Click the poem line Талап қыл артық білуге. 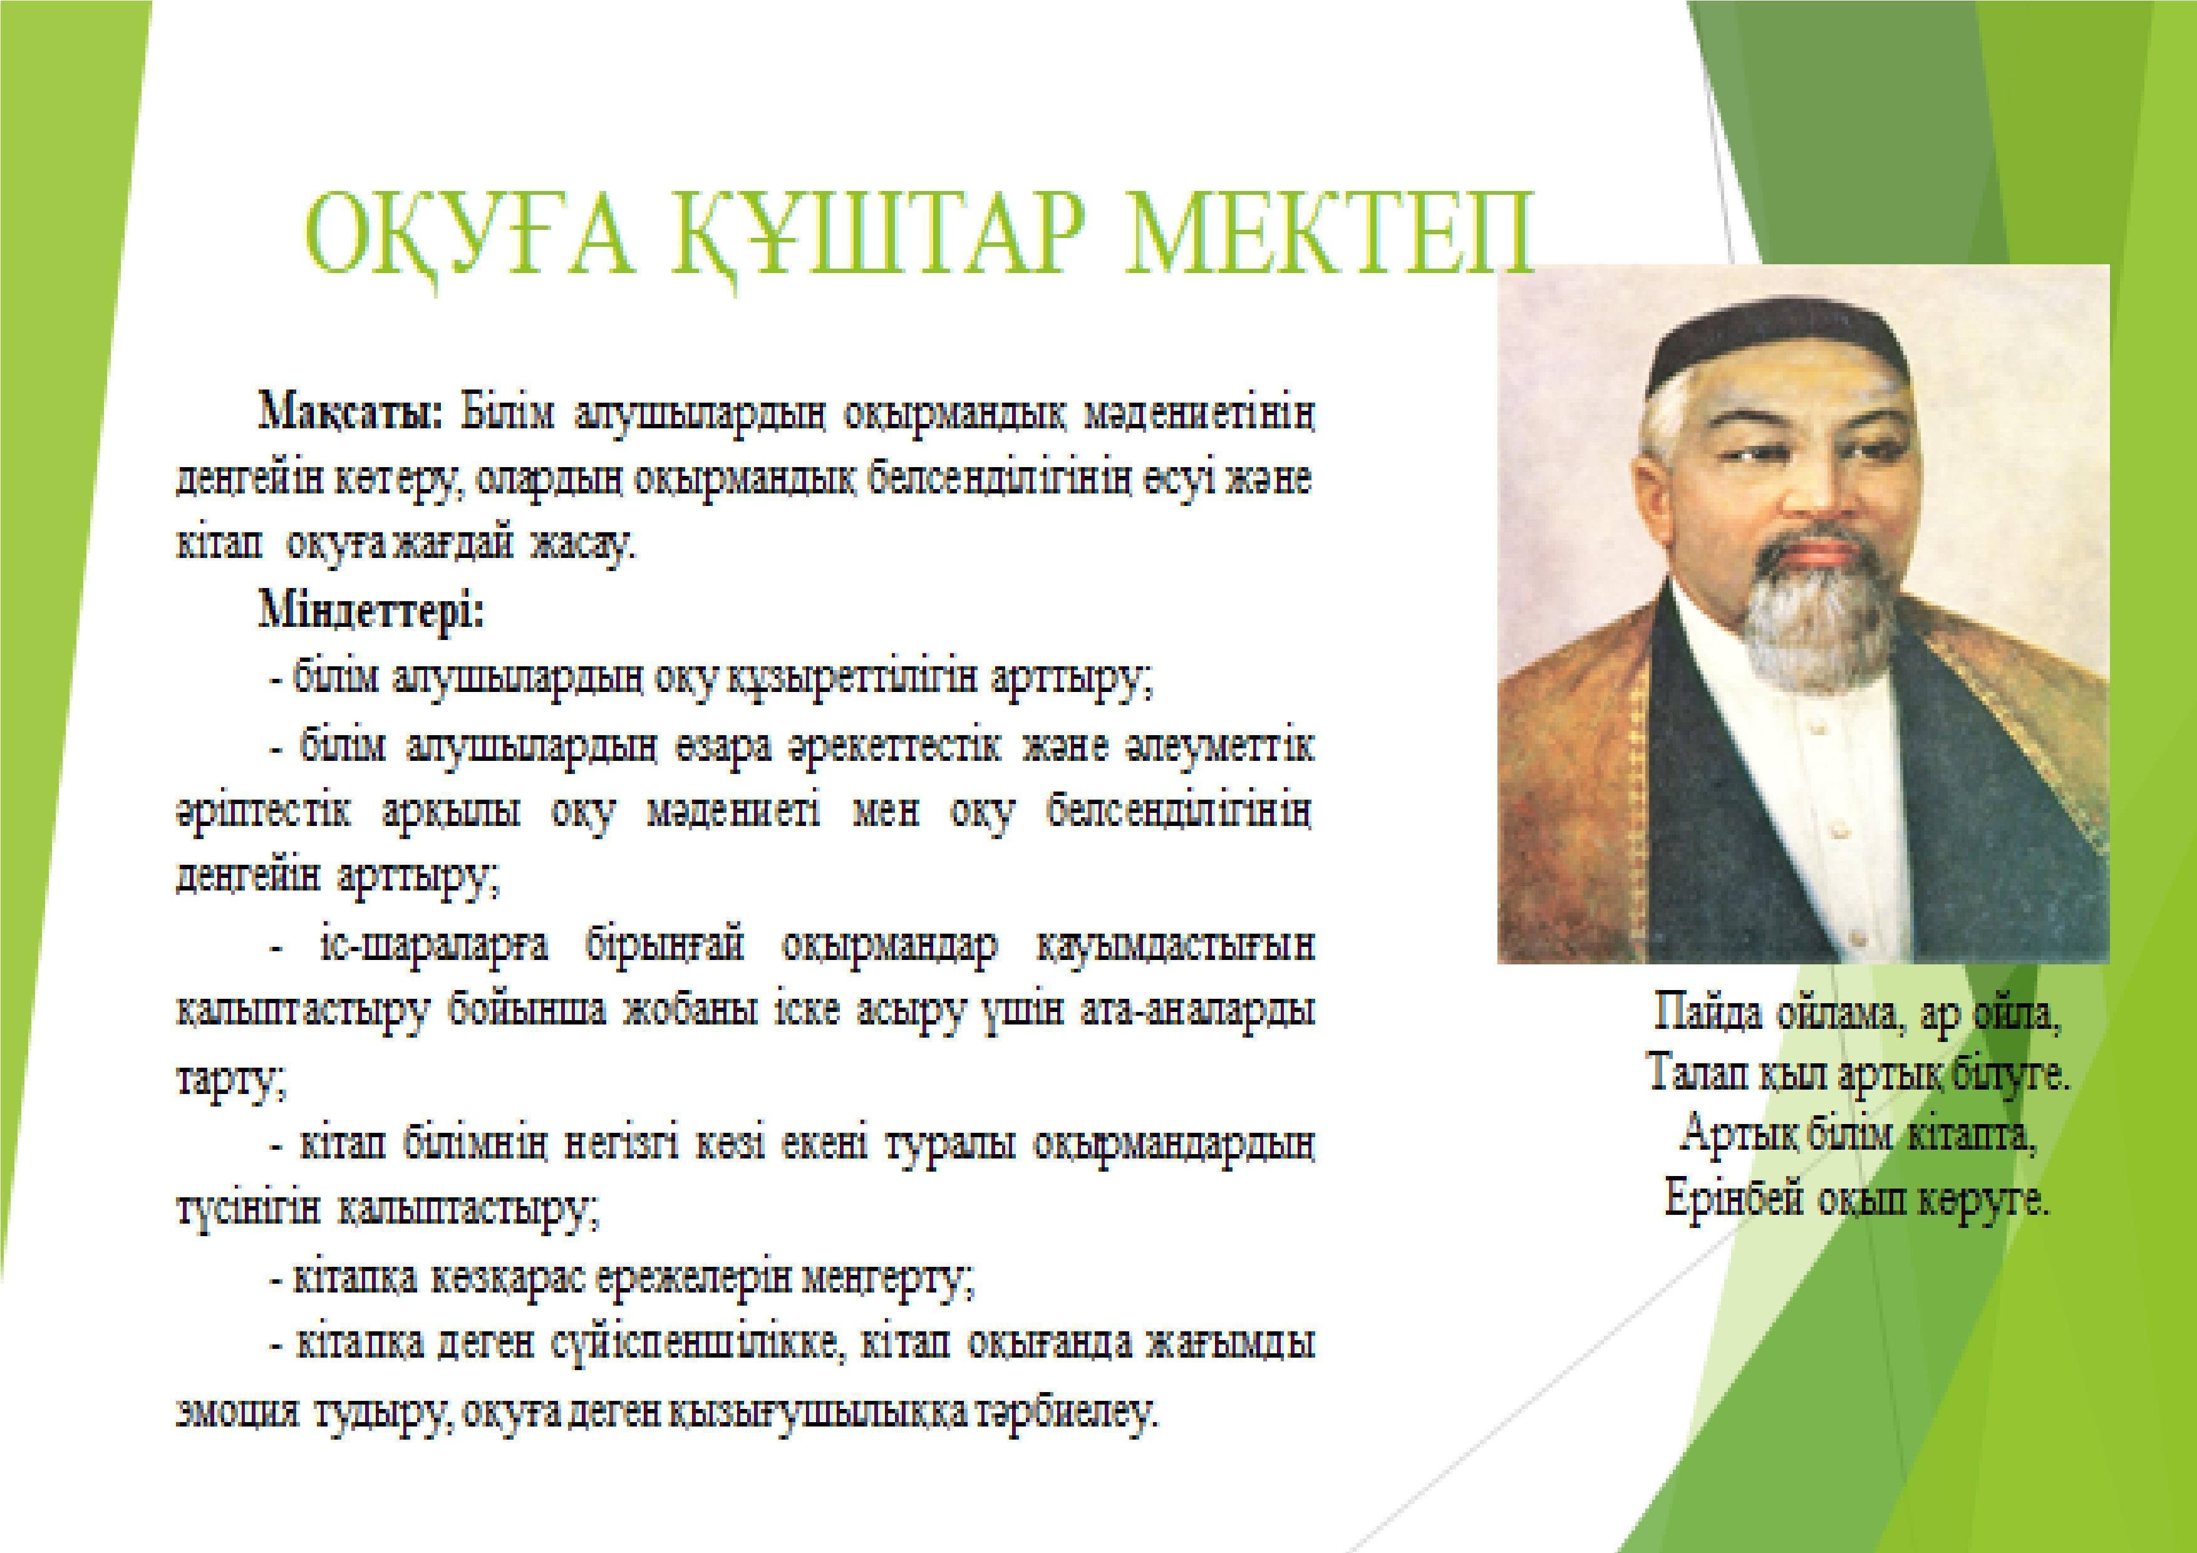pos(1856,1076)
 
